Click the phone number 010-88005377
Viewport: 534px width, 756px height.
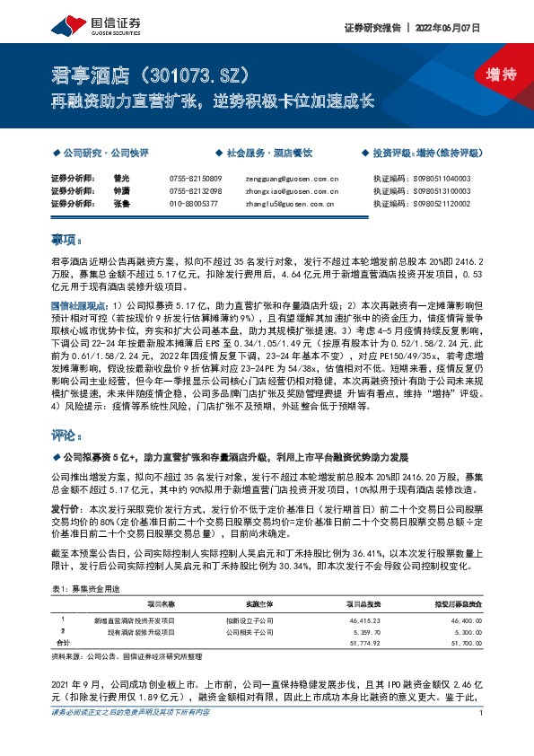coord(193,205)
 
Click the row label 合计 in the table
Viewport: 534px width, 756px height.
coord(63,645)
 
